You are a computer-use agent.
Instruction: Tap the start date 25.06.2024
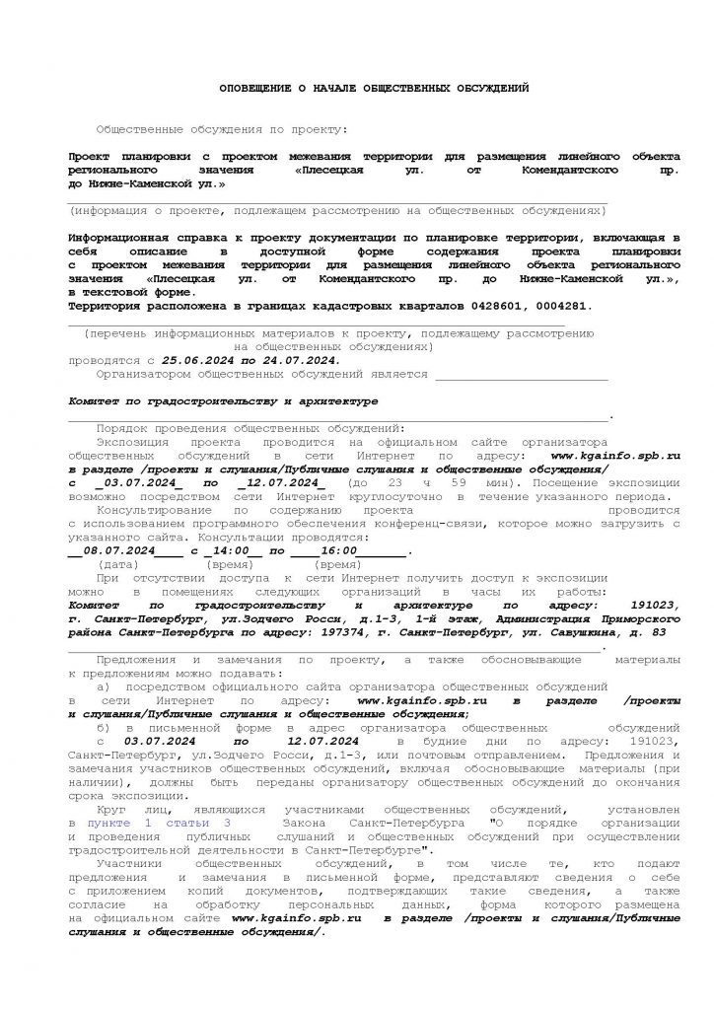point(194,361)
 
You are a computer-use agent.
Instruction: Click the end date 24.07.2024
point(306,361)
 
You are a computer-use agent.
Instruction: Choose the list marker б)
point(106,727)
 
